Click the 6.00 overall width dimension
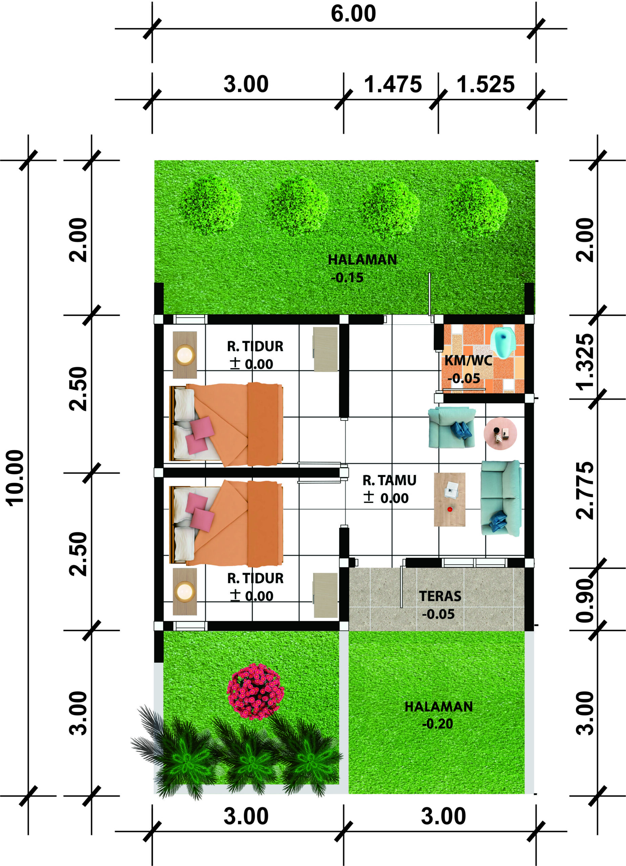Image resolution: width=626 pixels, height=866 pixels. pyautogui.click(x=353, y=14)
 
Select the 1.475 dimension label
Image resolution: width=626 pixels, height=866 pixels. pyautogui.click(x=392, y=84)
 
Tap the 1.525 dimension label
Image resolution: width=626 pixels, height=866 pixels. pyautogui.click(x=486, y=84)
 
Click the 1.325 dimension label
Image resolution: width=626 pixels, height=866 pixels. pyautogui.click(x=585, y=362)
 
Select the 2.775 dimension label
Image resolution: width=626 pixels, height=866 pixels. pyautogui.click(x=585, y=490)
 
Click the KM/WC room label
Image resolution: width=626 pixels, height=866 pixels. pyautogui.click(x=468, y=361)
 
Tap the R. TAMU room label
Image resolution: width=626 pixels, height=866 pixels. pyautogui.click(x=389, y=480)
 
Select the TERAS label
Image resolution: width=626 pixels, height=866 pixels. pyautogui.click(x=440, y=596)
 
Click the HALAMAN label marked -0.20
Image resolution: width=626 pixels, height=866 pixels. pyautogui.click(x=439, y=706)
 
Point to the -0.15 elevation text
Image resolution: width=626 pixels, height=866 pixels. pyautogui.click(x=347, y=278)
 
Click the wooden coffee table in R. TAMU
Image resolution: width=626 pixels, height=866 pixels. pyautogui.click(x=449, y=499)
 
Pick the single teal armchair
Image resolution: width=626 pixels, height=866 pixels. pyautogui.click(x=452, y=428)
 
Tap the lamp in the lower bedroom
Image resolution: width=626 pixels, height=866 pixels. pyautogui.click(x=185, y=591)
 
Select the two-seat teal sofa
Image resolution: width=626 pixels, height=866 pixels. pyautogui.click(x=501, y=498)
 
